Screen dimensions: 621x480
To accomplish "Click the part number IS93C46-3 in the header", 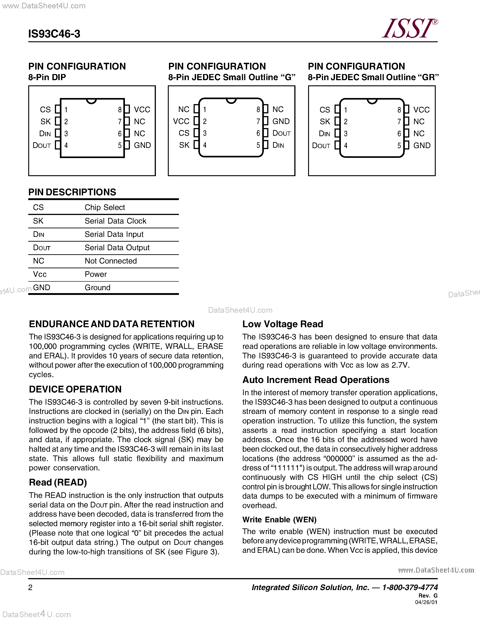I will pyautogui.click(x=54, y=34).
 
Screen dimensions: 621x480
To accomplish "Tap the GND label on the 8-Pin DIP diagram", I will pyautogui.click(x=142, y=145).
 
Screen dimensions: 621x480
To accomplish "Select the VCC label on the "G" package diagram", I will pyautogui.click(x=181, y=121).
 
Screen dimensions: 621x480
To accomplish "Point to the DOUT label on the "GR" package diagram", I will pyautogui.click(x=321, y=146).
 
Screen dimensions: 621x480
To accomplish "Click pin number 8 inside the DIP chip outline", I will pyautogui.click(x=120, y=110).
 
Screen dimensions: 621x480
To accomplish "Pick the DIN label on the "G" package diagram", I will pyautogui.click(x=278, y=145).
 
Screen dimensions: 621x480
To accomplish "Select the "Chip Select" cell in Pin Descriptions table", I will pyautogui.click(x=105, y=208).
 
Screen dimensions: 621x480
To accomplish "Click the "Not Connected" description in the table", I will pyautogui.click(x=111, y=261).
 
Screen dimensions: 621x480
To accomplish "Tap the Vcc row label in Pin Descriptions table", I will pyautogui.click(x=40, y=274).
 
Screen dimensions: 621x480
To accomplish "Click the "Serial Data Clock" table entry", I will pyautogui.click(x=115, y=221).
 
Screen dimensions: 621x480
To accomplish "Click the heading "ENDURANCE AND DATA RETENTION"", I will pyautogui.click(x=112, y=324).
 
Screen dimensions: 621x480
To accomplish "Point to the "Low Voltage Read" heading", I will pyautogui.click(x=283, y=324).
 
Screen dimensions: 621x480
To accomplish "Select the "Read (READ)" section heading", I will pyautogui.click(x=58, y=483).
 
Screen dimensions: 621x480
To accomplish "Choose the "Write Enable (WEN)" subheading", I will pyautogui.click(x=279, y=520).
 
